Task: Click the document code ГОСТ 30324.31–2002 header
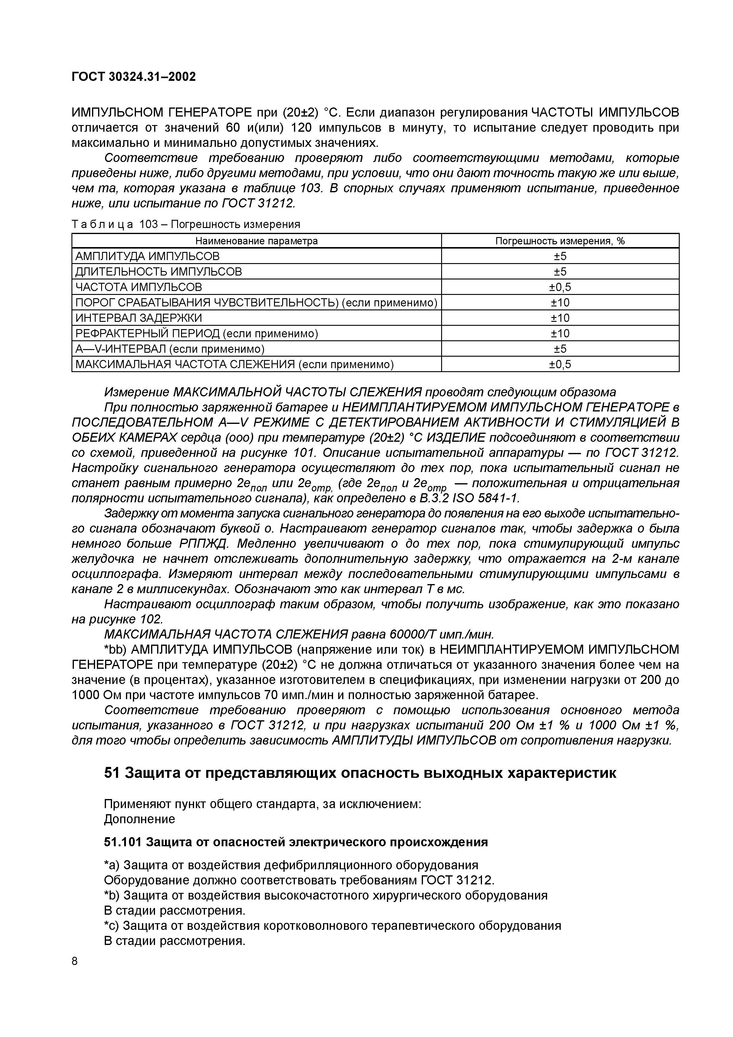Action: [x=134, y=77]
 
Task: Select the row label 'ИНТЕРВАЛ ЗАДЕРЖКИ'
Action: [x=139, y=318]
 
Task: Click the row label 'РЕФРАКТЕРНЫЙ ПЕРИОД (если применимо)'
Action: [x=196, y=334]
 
